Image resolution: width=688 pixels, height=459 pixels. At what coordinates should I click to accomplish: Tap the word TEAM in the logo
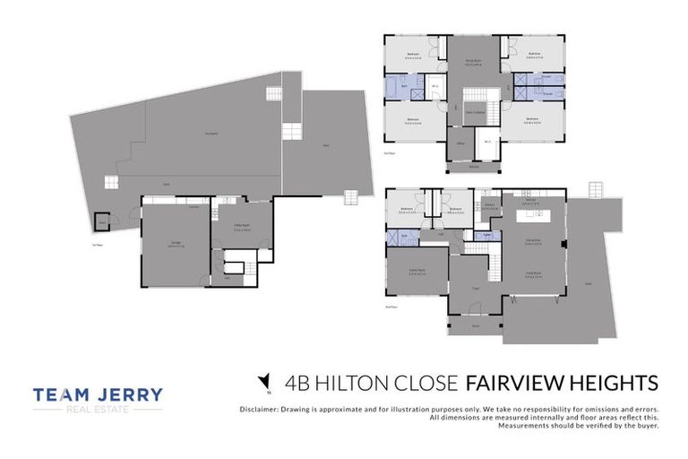[64, 394]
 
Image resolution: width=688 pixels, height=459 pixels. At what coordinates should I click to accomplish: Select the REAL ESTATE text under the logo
[98, 410]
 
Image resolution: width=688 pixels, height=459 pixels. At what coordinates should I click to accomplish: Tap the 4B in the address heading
[297, 384]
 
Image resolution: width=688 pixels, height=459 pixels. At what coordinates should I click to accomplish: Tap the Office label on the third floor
[460, 142]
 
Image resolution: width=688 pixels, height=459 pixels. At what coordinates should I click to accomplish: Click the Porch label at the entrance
[476, 326]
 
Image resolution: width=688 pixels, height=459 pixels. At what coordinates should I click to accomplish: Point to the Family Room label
[416, 272]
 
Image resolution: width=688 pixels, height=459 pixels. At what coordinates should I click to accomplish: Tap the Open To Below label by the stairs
[474, 113]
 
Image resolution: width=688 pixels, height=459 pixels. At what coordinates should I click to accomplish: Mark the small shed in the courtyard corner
[103, 221]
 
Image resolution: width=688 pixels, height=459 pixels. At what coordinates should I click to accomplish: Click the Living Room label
[536, 275]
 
